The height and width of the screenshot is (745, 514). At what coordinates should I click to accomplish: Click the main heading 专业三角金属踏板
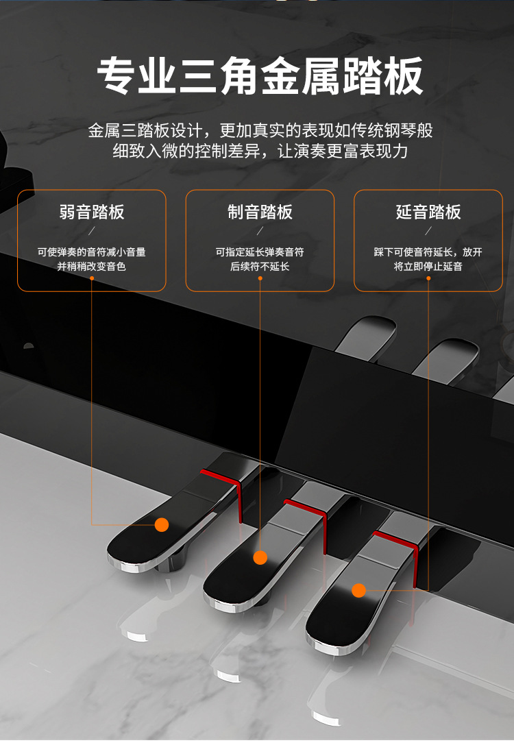tap(260, 76)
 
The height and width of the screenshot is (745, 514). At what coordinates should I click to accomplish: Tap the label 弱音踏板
tap(92, 212)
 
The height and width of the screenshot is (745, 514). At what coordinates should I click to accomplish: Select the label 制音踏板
tap(260, 212)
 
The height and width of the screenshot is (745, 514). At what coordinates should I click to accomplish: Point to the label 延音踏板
tap(428, 212)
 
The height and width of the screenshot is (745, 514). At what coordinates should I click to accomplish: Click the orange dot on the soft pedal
tap(162, 524)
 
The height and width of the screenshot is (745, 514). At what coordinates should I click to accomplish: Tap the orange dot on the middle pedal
tap(260, 557)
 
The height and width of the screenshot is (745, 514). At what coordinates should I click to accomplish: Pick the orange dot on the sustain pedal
tap(358, 591)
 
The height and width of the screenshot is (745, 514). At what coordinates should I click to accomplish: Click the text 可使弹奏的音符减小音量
tap(92, 252)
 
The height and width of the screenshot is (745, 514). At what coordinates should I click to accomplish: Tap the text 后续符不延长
tap(260, 267)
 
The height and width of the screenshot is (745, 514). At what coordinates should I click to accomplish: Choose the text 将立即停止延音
tap(428, 267)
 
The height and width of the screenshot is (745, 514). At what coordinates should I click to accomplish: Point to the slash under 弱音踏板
tap(92, 231)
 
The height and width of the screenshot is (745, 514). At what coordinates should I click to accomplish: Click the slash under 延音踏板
tap(428, 231)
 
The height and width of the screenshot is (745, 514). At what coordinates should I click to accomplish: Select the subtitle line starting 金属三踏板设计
tap(260, 130)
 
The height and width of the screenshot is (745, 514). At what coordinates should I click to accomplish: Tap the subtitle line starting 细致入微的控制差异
tap(260, 151)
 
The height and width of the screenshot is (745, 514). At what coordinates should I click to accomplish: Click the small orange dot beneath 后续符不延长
tap(260, 278)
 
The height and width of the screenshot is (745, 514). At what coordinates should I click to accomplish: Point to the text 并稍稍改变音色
tap(92, 267)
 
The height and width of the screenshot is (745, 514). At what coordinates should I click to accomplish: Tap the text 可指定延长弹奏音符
tap(260, 252)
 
